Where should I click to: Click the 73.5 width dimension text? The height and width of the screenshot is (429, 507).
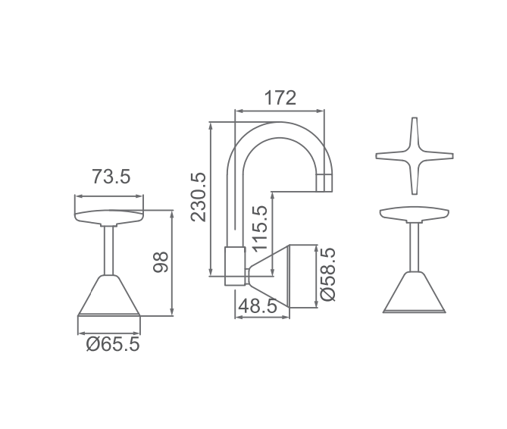click(x=111, y=177)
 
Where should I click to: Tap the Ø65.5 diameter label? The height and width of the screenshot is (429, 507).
click(x=113, y=345)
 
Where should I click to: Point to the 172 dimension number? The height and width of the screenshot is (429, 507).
click(x=280, y=98)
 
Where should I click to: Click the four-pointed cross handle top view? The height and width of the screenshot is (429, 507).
click(x=415, y=156)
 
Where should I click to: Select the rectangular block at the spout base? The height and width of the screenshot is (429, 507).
click(x=235, y=265)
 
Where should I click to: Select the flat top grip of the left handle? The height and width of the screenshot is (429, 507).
click(x=109, y=216)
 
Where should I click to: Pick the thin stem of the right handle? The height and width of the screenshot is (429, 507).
click(x=414, y=246)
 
